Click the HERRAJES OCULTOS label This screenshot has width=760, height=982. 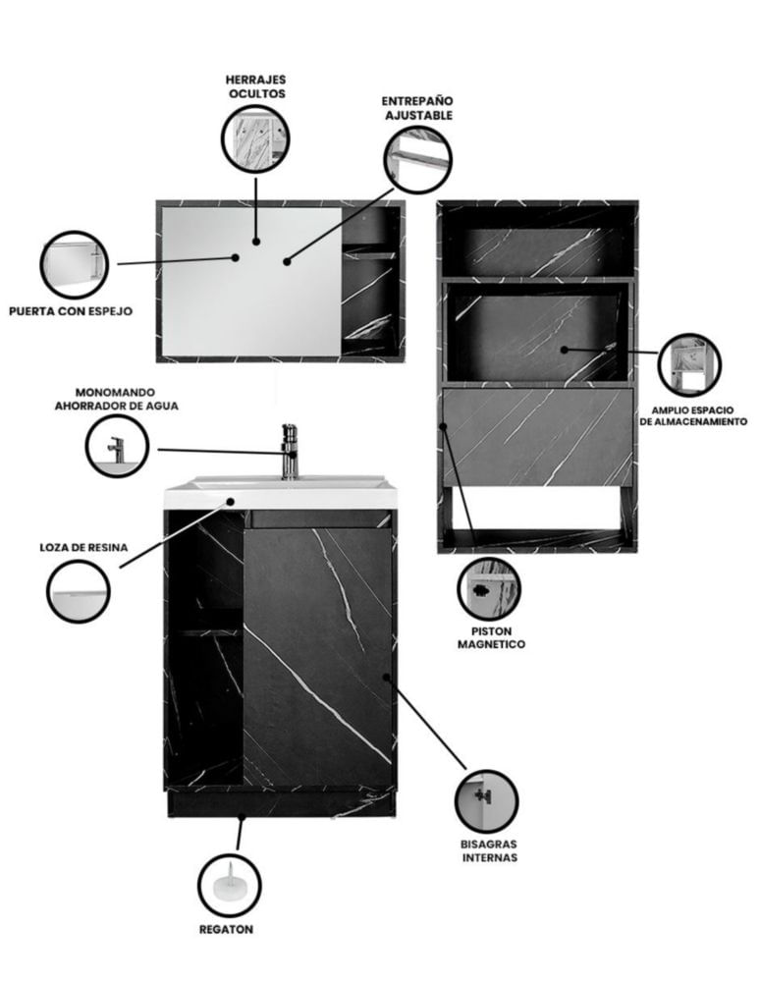click(x=255, y=86)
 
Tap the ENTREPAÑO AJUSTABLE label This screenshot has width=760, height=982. click(x=417, y=108)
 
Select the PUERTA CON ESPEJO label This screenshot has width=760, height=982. click(x=71, y=310)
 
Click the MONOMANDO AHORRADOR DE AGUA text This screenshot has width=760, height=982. click(x=117, y=399)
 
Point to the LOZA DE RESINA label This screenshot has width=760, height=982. click(x=83, y=547)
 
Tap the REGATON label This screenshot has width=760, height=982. click(x=226, y=929)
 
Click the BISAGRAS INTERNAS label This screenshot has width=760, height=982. click(x=490, y=850)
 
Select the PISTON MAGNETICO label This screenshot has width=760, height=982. click(x=491, y=637)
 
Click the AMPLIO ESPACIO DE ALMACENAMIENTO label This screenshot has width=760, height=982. click(x=693, y=415)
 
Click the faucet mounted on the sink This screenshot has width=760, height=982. click(x=290, y=452)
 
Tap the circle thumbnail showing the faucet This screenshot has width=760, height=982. click(x=117, y=446)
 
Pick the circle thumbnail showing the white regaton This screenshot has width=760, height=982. click(x=229, y=885)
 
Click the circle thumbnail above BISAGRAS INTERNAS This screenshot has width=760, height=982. click(x=486, y=801)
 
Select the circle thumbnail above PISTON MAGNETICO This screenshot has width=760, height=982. click(x=489, y=589)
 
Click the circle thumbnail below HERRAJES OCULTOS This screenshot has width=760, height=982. click(x=255, y=138)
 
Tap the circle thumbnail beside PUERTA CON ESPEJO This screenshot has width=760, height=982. click(x=75, y=264)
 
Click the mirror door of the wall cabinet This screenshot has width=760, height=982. click(x=251, y=282)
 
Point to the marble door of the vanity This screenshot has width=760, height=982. click(x=317, y=657)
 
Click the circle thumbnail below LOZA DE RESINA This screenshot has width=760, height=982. click(x=79, y=591)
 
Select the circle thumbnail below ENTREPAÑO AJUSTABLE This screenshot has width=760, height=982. click(x=417, y=158)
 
